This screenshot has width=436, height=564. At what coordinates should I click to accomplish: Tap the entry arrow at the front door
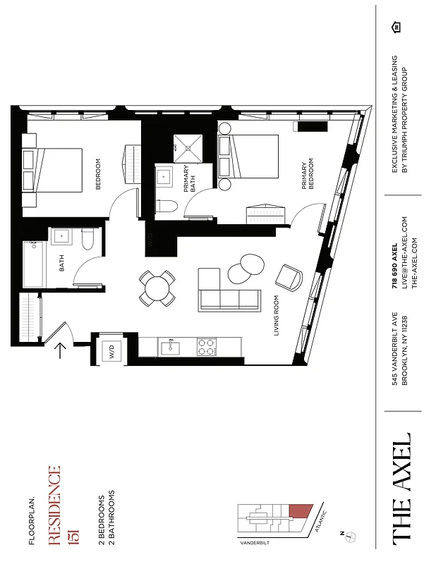point(61,350)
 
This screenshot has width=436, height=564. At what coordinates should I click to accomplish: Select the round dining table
point(157,288)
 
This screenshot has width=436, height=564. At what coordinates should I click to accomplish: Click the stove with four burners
point(206,347)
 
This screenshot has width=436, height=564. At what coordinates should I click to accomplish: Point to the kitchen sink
point(170,347)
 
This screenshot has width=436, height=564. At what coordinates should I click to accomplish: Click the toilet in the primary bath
point(166,207)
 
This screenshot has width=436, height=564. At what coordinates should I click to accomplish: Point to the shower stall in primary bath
point(188,148)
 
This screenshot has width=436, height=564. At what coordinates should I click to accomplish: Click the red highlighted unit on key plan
point(301,512)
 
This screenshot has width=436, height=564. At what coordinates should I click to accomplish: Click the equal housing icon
point(396,27)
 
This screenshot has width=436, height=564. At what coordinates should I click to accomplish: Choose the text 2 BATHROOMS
point(111,517)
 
